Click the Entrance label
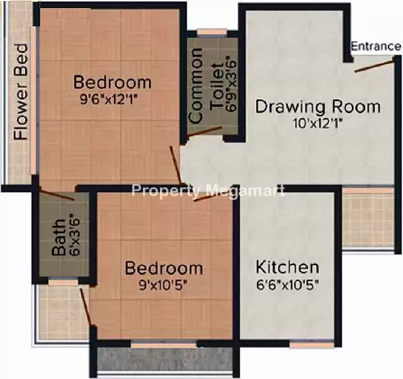[376, 47]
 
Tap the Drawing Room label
[318, 107]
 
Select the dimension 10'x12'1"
[319, 124]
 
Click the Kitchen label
[288, 267]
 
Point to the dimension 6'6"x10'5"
[288, 285]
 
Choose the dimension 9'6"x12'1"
[111, 99]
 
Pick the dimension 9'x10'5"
[163, 285]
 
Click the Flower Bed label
[21, 92]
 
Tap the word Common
[195, 85]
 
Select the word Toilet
[217, 87]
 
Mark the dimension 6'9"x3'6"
[231, 87]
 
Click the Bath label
[59, 238]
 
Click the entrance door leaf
[375, 65]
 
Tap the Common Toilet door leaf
[204, 131]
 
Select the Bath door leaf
[57, 194]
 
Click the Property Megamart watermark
[208, 191]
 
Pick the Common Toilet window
[212, 32]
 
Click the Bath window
[63, 282]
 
